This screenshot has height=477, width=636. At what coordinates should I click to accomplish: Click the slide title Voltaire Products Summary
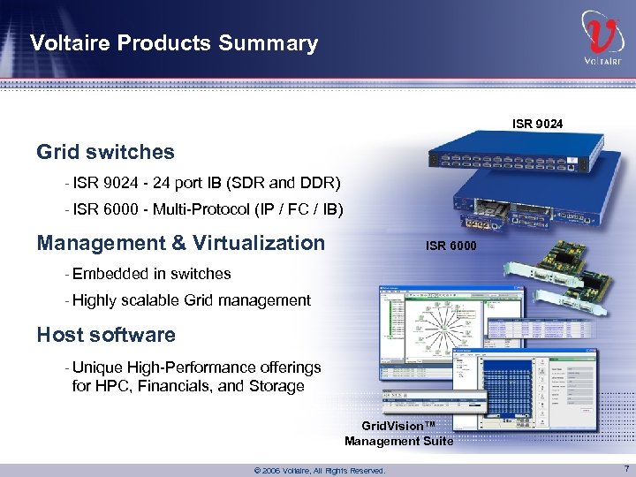tap(173, 42)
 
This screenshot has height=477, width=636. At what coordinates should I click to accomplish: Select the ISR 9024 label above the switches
tap(537, 124)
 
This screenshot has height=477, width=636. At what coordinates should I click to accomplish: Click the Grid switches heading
tap(105, 152)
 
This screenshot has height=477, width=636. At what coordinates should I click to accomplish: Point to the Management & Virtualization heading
tap(181, 243)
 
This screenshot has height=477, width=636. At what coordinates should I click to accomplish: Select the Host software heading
tap(106, 335)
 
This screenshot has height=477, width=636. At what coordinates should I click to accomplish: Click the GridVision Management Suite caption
tap(398, 434)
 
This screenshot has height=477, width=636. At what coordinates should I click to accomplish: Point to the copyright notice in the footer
tap(319, 471)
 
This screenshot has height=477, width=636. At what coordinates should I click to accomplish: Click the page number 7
tap(625, 469)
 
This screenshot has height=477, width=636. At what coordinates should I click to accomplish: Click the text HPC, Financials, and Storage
tap(188, 386)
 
